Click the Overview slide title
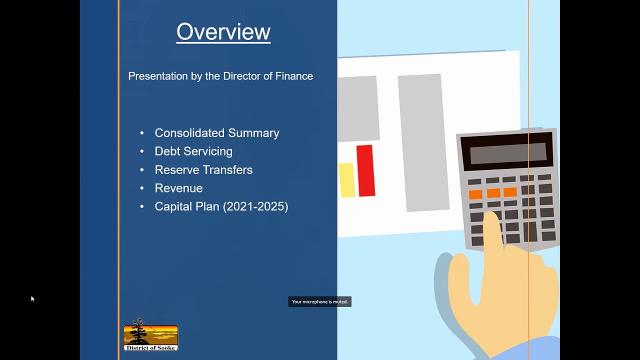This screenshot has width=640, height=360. point(223,32)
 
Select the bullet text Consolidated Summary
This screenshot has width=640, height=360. point(216,133)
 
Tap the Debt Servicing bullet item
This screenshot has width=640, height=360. point(193,151)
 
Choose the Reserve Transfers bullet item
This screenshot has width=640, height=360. point(203,170)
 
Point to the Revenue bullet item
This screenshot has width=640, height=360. point(178,188)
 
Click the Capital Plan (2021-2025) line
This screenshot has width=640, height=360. point(221,206)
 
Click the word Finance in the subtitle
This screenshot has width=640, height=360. point(294,76)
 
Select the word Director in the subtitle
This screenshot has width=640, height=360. point(242,76)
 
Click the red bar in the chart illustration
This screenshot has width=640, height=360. point(365,171)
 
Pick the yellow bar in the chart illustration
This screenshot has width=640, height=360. point(346,180)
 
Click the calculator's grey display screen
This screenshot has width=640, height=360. point(507,153)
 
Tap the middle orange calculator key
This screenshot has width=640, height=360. point(493,193)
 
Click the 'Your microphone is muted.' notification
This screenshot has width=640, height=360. point(319,302)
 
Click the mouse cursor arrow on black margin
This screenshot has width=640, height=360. point(32,298)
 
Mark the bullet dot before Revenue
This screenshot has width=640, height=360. point(142,188)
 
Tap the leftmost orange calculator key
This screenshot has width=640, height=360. point(475,194)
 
